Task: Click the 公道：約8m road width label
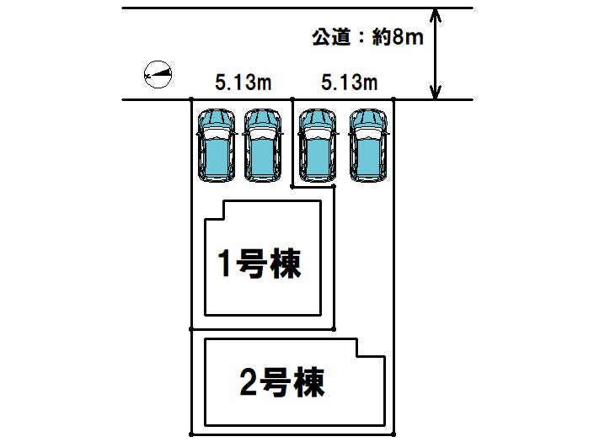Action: pos(367,37)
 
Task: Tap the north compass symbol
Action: pos(158,74)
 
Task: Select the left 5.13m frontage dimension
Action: pos(243,83)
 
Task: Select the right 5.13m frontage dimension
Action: pos(350,83)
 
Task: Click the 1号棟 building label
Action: pos(260,264)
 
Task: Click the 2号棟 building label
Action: pos(282,382)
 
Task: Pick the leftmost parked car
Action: pos(217,146)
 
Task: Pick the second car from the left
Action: pos(263,146)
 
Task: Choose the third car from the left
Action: pos(318,146)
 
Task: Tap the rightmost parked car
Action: pos(368,146)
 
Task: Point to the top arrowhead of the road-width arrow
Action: pos(436,14)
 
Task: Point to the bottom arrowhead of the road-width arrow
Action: pos(436,93)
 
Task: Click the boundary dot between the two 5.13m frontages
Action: pos(292,99)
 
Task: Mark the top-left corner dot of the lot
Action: pos(191,99)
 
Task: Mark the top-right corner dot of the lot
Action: pos(393,99)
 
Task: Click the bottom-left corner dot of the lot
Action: pos(191,434)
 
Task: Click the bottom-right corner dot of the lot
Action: pos(393,434)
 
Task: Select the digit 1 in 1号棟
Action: pos(225,264)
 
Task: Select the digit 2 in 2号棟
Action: pos(249,382)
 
